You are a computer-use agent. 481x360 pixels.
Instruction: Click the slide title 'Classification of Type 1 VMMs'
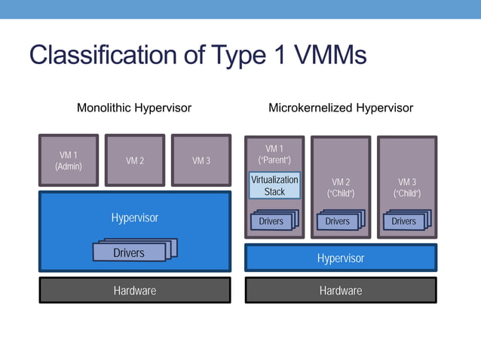point(198,56)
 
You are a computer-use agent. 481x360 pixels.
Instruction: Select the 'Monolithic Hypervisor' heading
point(134,108)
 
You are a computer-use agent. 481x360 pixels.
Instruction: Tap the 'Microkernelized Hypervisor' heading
point(341,108)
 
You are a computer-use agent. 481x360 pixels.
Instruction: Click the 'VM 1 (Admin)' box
point(69,160)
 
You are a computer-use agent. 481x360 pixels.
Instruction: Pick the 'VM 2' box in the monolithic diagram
point(135,160)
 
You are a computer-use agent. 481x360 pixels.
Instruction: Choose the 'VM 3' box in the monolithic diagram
point(201,160)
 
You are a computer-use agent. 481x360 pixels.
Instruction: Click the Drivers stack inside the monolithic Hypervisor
point(130,252)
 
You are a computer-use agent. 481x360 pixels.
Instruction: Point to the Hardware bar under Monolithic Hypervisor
point(135,290)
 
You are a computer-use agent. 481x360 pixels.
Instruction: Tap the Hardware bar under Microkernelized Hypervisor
point(341,290)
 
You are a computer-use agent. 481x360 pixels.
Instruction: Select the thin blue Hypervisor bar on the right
point(341,258)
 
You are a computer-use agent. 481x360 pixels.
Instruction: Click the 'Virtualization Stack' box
point(274,185)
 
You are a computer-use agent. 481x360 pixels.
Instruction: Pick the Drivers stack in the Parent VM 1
point(272,221)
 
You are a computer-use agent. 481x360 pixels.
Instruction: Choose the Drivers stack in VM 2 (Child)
point(339,221)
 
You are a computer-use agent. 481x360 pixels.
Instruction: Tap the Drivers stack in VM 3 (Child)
point(405,221)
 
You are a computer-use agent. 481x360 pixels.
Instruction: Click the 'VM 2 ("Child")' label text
point(341,188)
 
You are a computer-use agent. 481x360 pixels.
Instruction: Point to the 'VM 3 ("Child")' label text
point(407,188)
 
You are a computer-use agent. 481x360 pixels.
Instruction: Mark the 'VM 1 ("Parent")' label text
point(274,154)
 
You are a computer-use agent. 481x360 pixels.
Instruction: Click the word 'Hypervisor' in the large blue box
point(135,218)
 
